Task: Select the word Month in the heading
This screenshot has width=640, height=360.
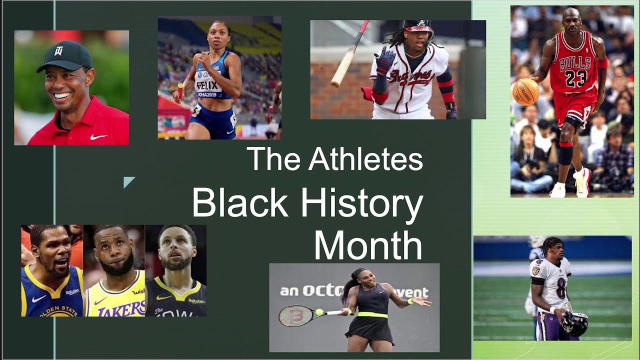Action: tap(367, 245)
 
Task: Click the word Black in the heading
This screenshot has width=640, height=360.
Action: tap(240, 203)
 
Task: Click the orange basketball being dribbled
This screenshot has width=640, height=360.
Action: tap(525, 92)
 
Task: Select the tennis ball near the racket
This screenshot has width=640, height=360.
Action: tap(319, 312)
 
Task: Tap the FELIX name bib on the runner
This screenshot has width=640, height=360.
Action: tap(207, 85)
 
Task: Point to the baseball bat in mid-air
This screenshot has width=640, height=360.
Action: tap(349, 53)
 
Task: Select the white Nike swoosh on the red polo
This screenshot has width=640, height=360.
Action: tap(98, 136)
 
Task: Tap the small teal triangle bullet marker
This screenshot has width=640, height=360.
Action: tap(128, 182)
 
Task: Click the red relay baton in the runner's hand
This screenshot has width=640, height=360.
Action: tap(179, 91)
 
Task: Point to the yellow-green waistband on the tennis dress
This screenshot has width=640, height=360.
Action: tap(372, 314)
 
